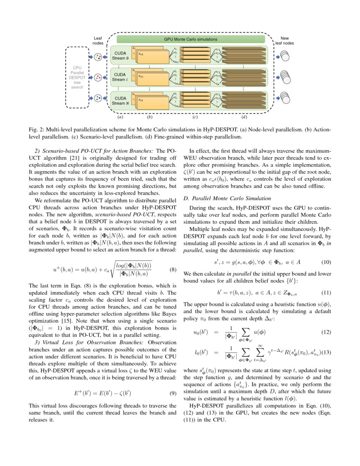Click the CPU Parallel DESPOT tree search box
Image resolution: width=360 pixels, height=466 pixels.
pyautogui.click(x=77, y=77)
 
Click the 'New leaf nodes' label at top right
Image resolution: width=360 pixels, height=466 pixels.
pyautogui.click(x=284, y=41)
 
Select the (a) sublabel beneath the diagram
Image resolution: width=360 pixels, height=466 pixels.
pyautogui.click(x=120, y=116)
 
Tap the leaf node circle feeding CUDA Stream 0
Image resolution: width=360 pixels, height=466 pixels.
pyautogui.click(x=98, y=57)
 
